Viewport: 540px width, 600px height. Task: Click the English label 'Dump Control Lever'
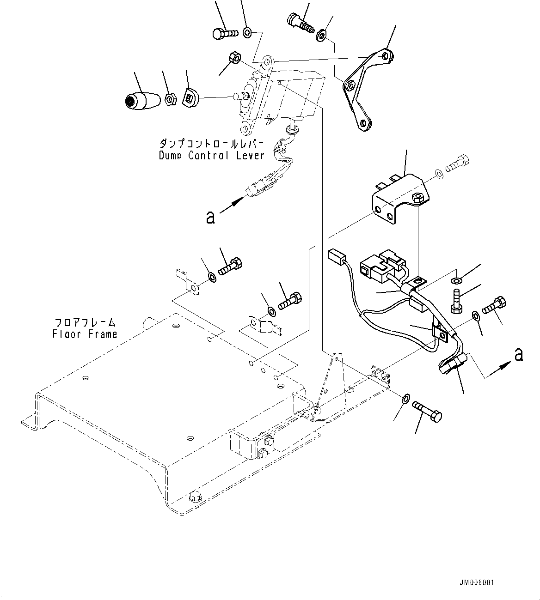pos(212,155)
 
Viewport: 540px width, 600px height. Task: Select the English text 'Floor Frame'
pos(85,333)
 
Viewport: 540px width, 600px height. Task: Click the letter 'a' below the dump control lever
pos(210,217)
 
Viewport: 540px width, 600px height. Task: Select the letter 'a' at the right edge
pos(519,354)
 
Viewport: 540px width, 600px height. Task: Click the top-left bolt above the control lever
pos(225,33)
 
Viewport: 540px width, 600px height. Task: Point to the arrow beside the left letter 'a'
pos(232,205)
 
